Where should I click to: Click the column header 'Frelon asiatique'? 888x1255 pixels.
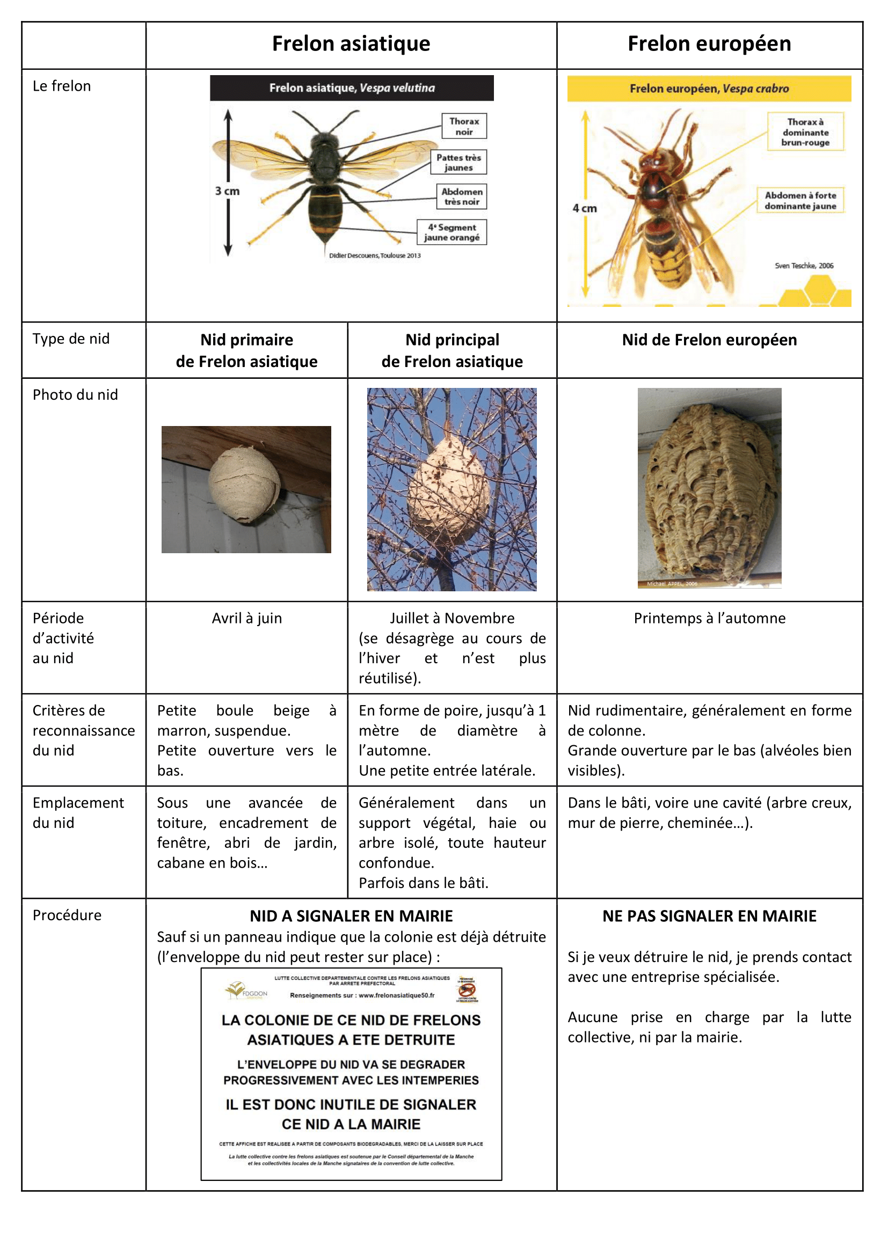pos(351,43)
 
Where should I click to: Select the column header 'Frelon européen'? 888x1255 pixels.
pos(709,43)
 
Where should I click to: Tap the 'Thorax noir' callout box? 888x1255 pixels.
pos(464,126)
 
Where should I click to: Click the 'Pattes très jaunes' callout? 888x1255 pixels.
pos(458,163)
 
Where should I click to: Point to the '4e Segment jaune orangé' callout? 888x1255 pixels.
pos(451,232)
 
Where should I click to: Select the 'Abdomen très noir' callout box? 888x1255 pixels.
pos(462,197)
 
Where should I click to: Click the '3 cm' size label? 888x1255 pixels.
pos(227,192)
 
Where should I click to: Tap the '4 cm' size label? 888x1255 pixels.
pos(585,208)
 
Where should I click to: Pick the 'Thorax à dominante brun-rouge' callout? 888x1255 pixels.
pos(805,132)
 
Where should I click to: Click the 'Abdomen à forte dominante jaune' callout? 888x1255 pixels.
pos(800,201)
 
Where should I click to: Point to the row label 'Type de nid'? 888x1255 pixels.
pos(71,339)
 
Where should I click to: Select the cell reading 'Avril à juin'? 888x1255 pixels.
pos(246,618)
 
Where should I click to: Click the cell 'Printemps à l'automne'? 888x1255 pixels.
pos(709,618)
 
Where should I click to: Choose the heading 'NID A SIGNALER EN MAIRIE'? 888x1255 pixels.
pos(351,916)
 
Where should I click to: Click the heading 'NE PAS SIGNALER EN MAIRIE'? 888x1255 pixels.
pos(709,916)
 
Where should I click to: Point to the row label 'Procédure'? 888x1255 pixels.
pos(67,915)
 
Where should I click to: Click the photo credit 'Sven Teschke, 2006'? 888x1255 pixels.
pos(804,266)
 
